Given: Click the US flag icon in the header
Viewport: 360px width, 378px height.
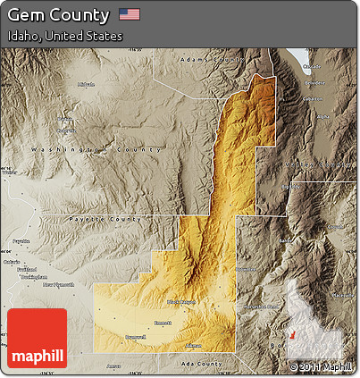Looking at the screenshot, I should point(130,14).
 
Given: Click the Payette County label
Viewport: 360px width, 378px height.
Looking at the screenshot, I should point(105,218).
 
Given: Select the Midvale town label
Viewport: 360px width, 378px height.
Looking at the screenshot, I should point(86,85).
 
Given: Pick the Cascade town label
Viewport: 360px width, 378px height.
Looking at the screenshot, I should point(313,66).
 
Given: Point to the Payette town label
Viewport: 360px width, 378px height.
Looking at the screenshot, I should point(21,241).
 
